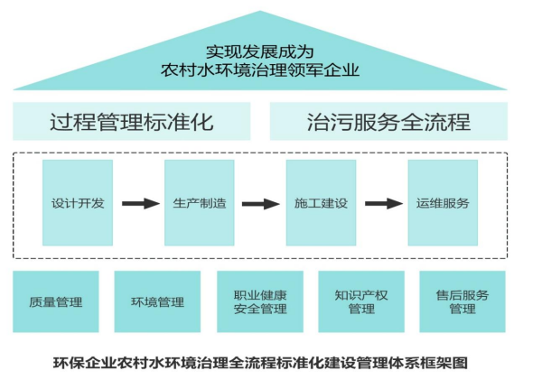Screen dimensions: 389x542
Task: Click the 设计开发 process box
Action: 78,203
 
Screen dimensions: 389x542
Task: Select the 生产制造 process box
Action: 199,203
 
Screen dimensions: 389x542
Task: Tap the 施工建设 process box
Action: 321,203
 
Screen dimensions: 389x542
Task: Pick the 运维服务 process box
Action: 443,203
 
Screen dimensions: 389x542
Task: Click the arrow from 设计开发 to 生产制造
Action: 138,204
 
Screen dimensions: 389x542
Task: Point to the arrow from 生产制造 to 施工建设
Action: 260,204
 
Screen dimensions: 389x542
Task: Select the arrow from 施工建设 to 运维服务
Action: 382,204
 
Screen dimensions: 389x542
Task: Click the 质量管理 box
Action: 56,301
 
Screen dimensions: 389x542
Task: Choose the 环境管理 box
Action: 157,301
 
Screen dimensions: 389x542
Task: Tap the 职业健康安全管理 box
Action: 259,301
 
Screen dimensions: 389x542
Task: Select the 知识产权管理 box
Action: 360,301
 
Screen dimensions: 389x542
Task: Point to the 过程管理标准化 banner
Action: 132,122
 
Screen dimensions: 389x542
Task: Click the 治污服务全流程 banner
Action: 388,122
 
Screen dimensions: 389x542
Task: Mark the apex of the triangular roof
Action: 261,13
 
